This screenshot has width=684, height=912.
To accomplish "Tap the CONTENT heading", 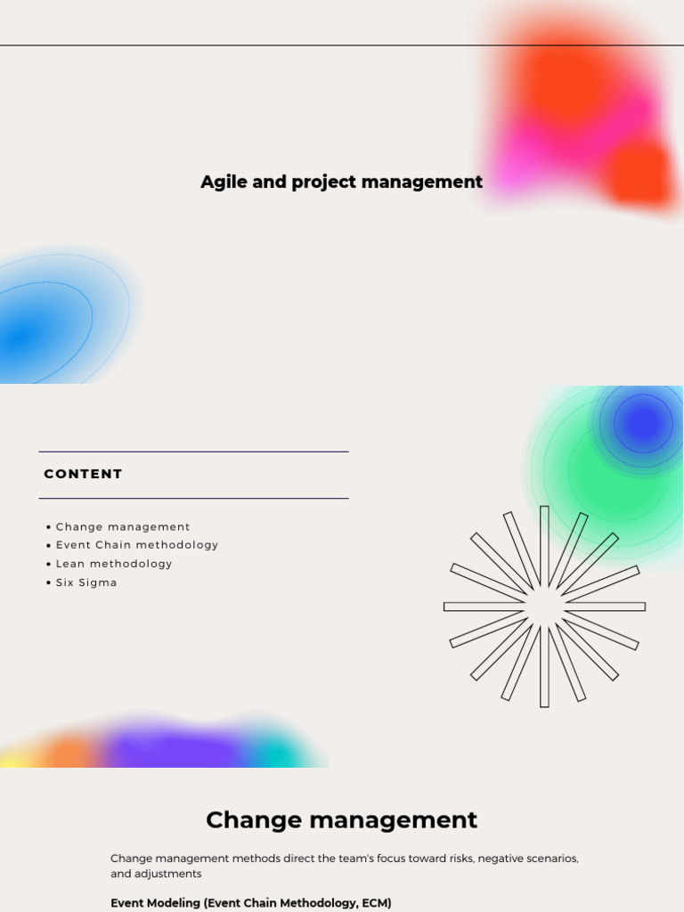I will [x=83, y=474].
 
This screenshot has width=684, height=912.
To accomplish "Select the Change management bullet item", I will [x=123, y=526].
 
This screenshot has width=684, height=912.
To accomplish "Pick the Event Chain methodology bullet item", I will [x=136, y=545].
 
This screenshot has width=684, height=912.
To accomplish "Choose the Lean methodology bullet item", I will [x=114, y=564].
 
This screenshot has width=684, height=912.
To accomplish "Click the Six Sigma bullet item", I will [x=86, y=582].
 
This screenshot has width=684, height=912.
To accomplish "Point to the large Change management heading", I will [x=341, y=819].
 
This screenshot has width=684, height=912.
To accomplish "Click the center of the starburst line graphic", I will [x=544, y=607].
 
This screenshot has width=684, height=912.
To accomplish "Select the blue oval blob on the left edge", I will [x=36, y=330].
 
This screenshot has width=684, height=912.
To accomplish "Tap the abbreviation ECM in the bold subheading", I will [x=373, y=903].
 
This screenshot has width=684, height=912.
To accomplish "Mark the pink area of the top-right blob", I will [x=534, y=151].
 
